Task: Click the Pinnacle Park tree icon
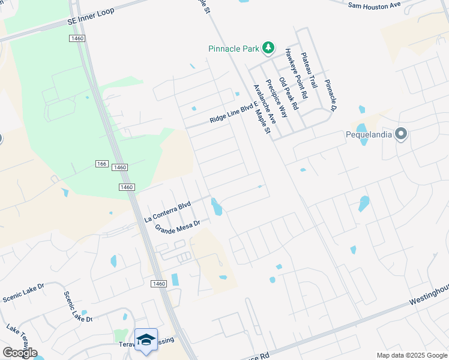(269, 47)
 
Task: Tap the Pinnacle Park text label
(234, 48)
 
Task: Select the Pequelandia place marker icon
(400, 134)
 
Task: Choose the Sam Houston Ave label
(374, 5)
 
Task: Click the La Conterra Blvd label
(167, 212)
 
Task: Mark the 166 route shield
(101, 164)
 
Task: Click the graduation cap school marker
(146, 340)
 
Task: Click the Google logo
(19, 353)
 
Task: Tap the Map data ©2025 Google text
(411, 355)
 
